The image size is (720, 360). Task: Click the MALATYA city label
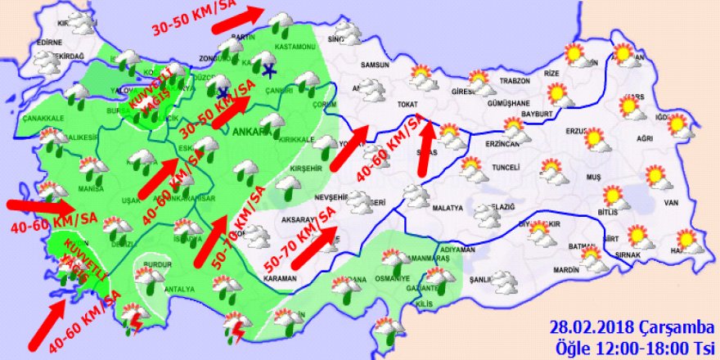pyautogui.click(x=450, y=209)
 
